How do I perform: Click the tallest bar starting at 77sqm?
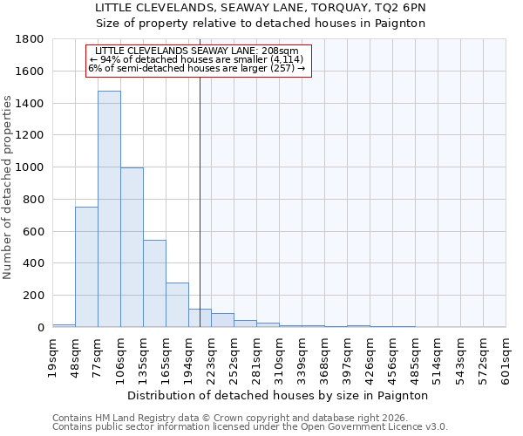click(109, 209)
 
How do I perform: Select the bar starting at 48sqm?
click(86, 267)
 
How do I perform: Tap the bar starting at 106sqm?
click(132, 248)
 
